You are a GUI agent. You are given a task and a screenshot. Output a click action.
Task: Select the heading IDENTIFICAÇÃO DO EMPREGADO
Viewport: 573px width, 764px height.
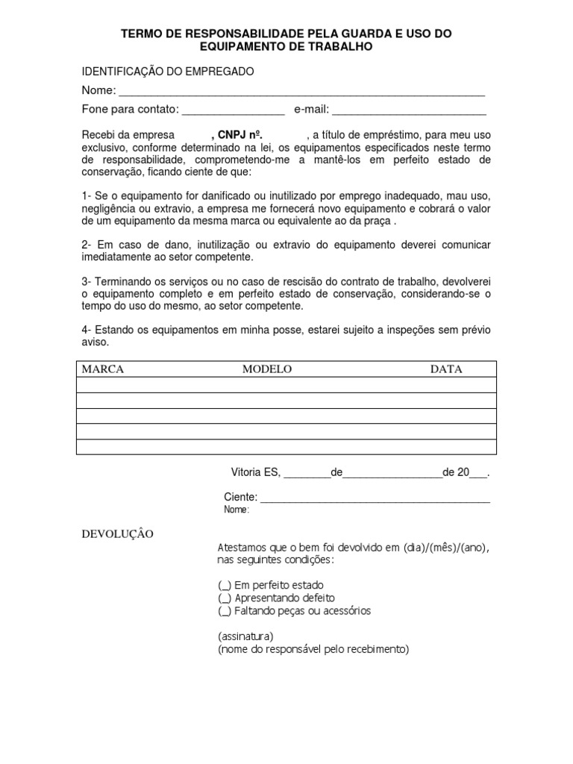167,71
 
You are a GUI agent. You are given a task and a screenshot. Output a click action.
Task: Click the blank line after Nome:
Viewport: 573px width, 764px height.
301,92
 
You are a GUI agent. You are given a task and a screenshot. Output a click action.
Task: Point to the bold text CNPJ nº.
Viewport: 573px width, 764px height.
239,135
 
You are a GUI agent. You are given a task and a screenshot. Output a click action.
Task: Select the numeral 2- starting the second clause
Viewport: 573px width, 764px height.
87,245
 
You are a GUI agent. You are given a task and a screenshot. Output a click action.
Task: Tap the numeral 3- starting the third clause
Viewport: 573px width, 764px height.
87,281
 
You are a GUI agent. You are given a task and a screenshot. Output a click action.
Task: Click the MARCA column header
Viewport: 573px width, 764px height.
102,369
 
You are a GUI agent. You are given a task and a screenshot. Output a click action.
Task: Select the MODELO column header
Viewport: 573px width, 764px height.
266,369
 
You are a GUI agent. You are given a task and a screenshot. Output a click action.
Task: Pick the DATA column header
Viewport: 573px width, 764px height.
445,369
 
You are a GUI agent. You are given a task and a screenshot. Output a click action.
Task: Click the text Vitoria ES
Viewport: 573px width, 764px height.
255,472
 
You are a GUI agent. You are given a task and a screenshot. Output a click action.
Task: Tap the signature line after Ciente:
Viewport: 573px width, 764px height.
375,498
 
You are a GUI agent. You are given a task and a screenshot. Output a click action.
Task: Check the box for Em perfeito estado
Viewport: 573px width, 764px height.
225,586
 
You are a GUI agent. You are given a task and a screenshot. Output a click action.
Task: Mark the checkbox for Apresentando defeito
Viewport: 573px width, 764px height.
225,598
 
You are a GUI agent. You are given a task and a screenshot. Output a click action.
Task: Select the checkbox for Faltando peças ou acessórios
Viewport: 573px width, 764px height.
225,611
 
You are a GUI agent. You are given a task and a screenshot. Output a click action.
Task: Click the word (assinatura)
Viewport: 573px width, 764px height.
245,636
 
